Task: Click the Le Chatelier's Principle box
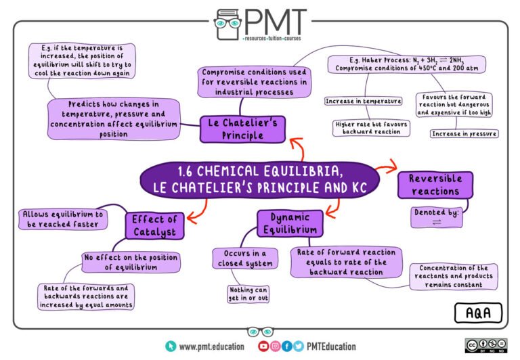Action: tap(242, 129)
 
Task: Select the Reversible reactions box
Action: tap(435, 185)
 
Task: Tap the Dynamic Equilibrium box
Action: tap(290, 223)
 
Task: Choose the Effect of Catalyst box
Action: tap(154, 226)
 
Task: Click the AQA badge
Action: tap(478, 313)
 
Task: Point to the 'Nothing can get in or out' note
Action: tap(248, 294)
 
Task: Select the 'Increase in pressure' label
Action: tap(464, 133)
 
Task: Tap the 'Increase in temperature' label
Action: tap(363, 101)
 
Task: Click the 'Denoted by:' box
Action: tap(437, 217)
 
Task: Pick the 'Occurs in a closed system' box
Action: tap(245, 258)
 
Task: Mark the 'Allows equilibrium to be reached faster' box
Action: tap(63, 219)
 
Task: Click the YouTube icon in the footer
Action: tap(263, 346)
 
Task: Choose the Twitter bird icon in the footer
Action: tap(298, 346)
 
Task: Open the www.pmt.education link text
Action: tap(211, 346)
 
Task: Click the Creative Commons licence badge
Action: tap(486, 345)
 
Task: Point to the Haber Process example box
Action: tap(406, 64)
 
